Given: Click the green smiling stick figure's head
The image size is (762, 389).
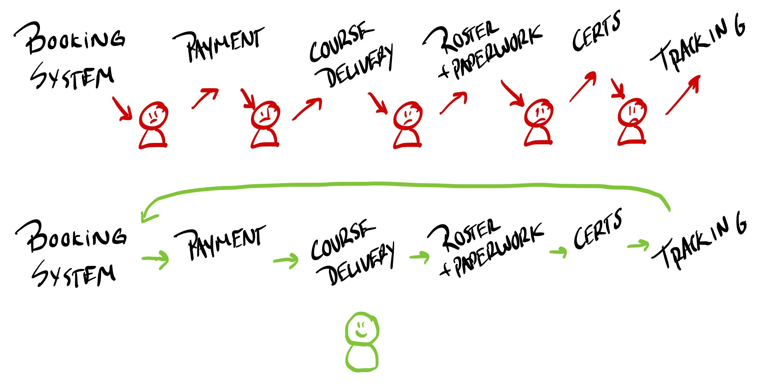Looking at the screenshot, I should click(362, 329).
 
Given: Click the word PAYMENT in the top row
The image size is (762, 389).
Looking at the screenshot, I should click(224, 45).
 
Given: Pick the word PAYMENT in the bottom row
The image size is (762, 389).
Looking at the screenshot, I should click(225, 243).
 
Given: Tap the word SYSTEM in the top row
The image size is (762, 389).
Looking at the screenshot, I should click(72, 77).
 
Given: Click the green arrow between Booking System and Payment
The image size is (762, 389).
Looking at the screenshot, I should click(156, 259).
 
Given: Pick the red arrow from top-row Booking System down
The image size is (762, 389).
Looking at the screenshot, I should click(122, 108).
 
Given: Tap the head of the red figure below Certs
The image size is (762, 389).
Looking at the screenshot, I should click(632, 112).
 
